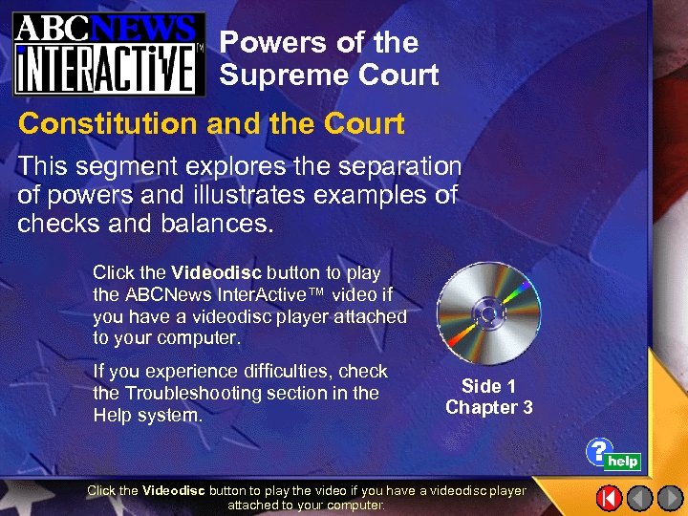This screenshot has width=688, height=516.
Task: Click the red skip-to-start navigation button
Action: [x=610, y=498]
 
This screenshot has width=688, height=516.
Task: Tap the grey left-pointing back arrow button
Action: [x=640, y=498]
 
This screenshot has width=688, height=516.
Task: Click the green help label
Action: [x=623, y=462]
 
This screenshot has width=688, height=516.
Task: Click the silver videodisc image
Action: [x=488, y=312]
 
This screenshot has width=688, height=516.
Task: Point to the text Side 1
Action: [x=488, y=386]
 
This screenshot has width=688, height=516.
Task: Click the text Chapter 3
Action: [x=488, y=408]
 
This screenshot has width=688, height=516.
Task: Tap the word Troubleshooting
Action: [x=203, y=393]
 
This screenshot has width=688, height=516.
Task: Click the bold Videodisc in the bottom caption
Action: [x=173, y=490]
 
